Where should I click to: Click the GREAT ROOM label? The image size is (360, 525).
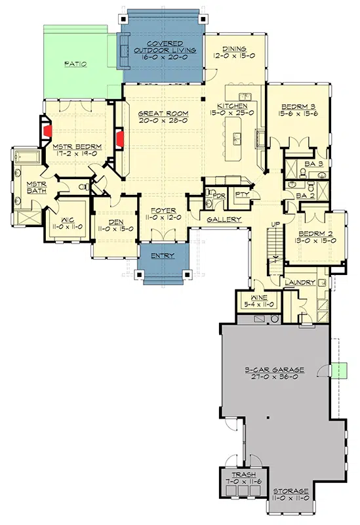[x=163, y=114]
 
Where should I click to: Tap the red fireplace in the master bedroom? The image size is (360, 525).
[x=48, y=131]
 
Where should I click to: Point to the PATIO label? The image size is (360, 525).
[x=75, y=64]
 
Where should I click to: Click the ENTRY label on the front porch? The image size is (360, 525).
[x=163, y=256]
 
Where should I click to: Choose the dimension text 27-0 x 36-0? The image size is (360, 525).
[x=274, y=377]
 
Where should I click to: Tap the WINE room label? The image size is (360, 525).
[x=259, y=298]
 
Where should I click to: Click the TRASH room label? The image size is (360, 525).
[x=244, y=474]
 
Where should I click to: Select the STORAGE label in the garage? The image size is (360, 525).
[x=291, y=491]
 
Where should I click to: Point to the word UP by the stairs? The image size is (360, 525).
[x=275, y=224]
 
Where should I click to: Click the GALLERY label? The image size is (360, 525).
[x=224, y=220]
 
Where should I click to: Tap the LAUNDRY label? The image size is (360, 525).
[x=300, y=283]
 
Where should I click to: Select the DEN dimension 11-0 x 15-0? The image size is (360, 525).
[x=115, y=229]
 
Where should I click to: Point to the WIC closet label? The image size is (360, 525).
[x=68, y=220]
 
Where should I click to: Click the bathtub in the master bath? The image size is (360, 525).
[x=28, y=156]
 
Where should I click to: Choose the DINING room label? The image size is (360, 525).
[x=234, y=49]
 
